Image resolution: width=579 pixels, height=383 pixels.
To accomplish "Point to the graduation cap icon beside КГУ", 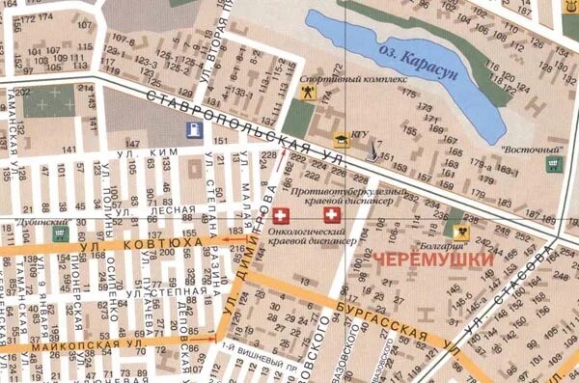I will (340, 136).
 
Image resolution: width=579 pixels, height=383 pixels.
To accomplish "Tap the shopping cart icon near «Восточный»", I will (552, 165).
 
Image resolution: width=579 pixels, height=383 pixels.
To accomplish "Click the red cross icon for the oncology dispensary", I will (281, 214).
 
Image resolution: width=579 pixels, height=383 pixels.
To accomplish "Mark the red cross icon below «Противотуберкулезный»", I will (331, 214).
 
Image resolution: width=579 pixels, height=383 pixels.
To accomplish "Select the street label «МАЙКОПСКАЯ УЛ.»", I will (92, 342).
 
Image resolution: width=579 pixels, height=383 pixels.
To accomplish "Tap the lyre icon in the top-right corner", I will (570, 7).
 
